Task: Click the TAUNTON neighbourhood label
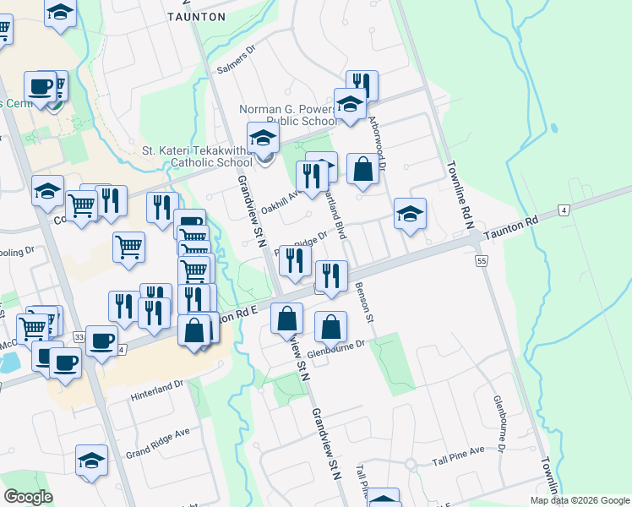[x=197, y=16]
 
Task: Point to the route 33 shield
[x=79, y=337]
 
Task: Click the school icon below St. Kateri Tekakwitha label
[x=263, y=137]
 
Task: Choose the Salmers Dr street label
[x=236, y=59]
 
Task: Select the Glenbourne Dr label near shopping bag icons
[x=337, y=346]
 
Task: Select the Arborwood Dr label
[x=380, y=144]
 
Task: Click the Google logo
[x=28, y=497]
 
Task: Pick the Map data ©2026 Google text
[x=580, y=500]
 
